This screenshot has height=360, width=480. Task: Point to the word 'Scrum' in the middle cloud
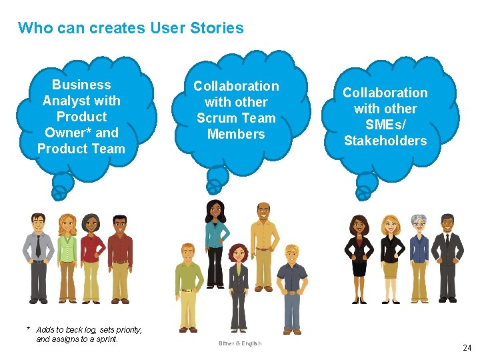[x=217, y=118]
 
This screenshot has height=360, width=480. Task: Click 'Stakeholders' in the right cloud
[x=385, y=141]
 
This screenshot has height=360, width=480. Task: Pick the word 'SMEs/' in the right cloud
[x=385, y=125]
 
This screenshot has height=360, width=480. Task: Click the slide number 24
[x=467, y=347]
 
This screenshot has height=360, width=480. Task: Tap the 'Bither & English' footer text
[x=240, y=343]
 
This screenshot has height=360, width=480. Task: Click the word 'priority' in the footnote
[x=121, y=329]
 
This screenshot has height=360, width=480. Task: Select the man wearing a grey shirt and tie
[x=38, y=257]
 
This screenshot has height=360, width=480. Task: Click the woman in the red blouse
[x=92, y=257]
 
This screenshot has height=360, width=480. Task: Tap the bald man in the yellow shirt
[x=263, y=243]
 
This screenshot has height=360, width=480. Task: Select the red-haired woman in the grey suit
[x=238, y=287]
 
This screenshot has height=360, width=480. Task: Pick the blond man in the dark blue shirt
[x=291, y=287]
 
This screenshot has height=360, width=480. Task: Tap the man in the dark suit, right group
[x=447, y=257]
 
